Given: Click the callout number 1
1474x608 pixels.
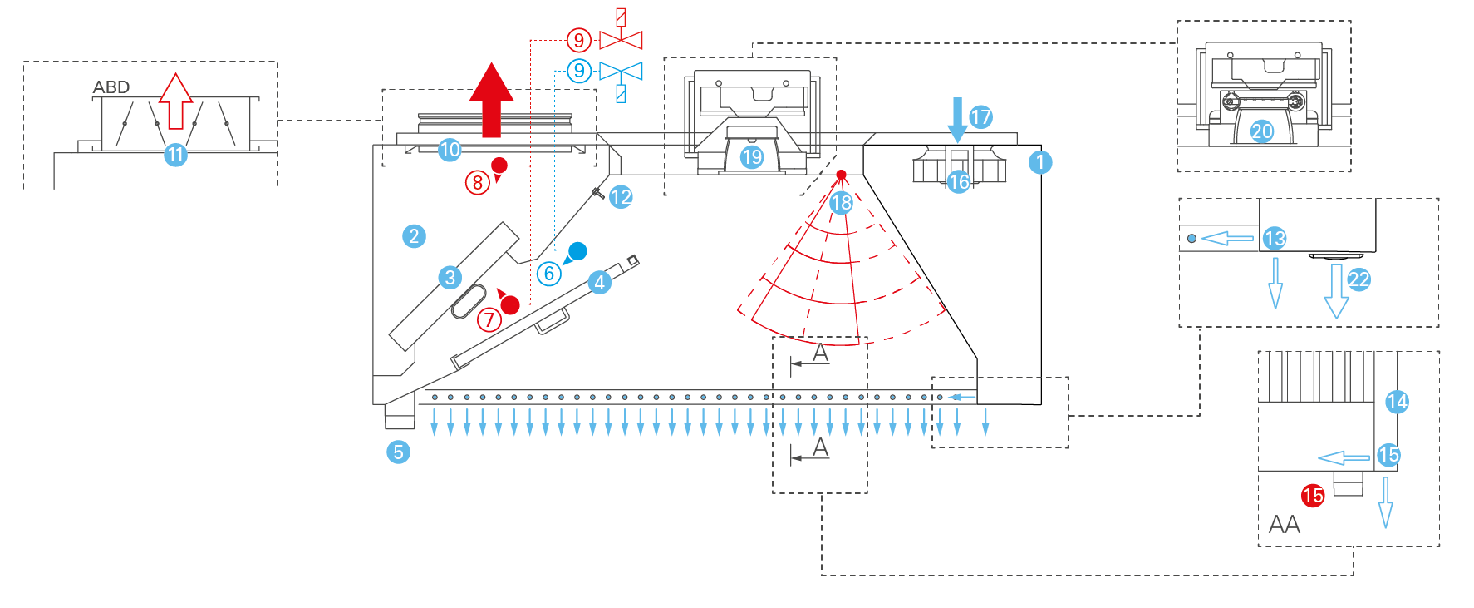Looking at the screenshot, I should [x=1040, y=162].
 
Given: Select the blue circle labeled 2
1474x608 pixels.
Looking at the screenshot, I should [x=414, y=236].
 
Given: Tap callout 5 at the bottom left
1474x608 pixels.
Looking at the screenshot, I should [x=398, y=452].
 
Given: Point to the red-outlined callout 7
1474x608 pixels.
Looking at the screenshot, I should [x=489, y=319].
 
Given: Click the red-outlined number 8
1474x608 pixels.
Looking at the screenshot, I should [x=477, y=182].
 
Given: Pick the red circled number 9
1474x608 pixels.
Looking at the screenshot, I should [x=579, y=39].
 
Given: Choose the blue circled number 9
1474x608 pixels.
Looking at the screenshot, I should [x=579, y=71].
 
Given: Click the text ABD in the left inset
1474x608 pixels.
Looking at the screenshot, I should [x=111, y=87].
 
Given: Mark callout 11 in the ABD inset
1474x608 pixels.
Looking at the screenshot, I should [x=174, y=155].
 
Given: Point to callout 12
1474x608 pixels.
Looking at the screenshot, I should [x=621, y=197].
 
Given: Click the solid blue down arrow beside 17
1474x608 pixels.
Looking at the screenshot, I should [x=957, y=119].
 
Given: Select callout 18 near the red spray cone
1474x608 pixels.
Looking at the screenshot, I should [x=841, y=202].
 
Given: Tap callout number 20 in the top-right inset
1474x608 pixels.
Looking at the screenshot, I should [x=1261, y=131].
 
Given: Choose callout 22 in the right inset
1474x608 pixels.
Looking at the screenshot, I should [x=1359, y=279].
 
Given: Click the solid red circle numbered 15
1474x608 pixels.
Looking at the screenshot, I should [x=1313, y=496].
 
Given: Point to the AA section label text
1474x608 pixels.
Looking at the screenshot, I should [x=1284, y=525].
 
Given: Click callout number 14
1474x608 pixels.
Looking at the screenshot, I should [x=1397, y=402].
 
